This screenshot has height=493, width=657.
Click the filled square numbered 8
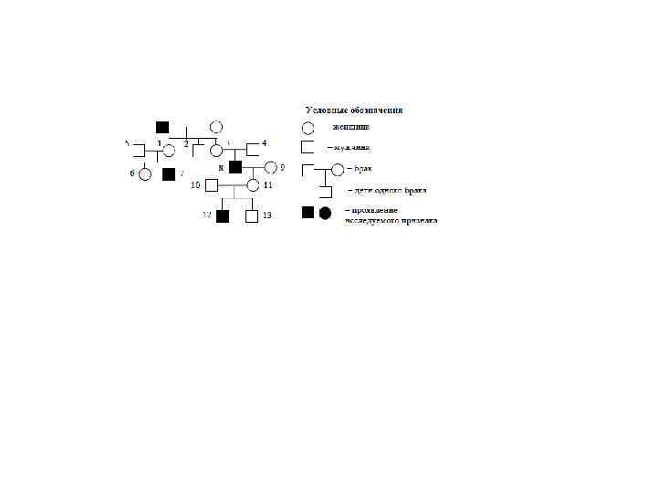(235, 168)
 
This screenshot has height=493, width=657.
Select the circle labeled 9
(270, 168)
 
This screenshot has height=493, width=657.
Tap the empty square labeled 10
(212, 186)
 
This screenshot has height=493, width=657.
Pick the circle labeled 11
(253, 186)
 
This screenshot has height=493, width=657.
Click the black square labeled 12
(222, 215)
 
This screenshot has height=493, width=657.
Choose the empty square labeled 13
(252, 215)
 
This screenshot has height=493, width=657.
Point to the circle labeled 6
(144, 173)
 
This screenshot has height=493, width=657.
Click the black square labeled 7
(168, 173)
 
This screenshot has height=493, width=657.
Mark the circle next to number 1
(169, 149)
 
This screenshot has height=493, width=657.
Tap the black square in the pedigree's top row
(162, 127)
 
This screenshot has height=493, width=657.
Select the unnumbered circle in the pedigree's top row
(216, 127)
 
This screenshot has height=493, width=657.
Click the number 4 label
(265, 143)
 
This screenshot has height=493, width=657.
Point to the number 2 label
(186, 144)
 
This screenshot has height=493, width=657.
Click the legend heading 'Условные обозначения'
(354, 110)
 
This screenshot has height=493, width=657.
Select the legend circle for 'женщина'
(308, 129)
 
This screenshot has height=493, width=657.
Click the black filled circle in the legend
(325, 214)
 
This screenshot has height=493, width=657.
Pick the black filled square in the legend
(308, 214)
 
